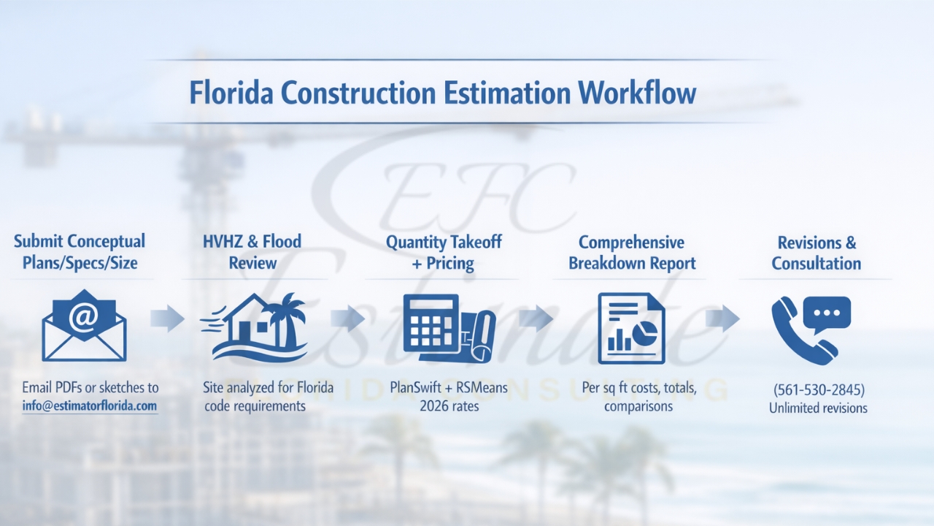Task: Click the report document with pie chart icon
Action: (631, 328)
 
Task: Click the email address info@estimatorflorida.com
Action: (90, 405)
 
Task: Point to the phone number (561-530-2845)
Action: (818, 389)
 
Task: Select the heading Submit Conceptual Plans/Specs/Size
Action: (80, 252)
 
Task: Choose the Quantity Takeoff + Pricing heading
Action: (444, 252)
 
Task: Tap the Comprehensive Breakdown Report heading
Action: (632, 253)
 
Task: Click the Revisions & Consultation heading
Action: (817, 253)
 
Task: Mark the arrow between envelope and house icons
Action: (167, 319)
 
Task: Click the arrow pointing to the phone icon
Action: (722, 319)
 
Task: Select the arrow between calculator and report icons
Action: (536, 319)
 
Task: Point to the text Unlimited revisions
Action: (818, 408)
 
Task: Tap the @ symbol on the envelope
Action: (84, 316)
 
